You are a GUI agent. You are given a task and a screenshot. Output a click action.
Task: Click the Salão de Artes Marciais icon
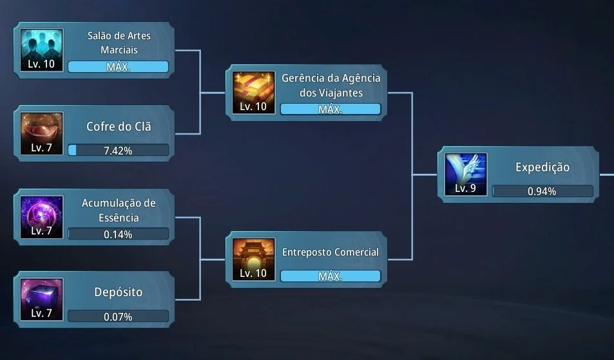pos(41,50)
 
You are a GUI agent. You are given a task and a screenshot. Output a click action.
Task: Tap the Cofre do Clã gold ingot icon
pos(41,134)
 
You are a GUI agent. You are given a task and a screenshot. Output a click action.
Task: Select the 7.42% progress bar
pos(119,150)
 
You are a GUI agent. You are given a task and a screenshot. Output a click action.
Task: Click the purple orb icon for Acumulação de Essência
pos(41,217)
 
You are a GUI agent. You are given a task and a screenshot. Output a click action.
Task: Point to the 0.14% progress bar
pos(119,234)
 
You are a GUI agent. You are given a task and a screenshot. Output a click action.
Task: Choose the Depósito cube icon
pos(41,299)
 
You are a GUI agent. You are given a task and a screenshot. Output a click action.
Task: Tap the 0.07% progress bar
pos(119,316)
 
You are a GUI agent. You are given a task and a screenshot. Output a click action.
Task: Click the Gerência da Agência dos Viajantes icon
pos(253,93)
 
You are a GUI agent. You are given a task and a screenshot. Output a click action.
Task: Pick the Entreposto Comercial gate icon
pos(253,260)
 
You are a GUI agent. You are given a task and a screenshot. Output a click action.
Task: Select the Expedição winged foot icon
pos(466,175)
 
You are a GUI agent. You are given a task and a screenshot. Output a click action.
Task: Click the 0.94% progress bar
pos(542,191)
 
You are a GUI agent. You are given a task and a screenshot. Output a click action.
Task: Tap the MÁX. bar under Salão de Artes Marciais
pos(119,66)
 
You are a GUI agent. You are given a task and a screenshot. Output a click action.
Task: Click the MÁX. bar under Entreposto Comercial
pos(331,276)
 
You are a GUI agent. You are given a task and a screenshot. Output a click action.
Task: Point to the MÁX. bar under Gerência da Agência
pos(331,109)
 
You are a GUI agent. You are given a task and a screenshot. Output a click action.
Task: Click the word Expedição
pos(542,167)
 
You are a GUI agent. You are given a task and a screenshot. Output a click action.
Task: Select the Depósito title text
pos(119,292)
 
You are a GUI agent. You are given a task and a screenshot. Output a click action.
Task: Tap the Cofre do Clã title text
pos(119,126)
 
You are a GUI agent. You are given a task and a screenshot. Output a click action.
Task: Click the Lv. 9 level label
pos(465,188)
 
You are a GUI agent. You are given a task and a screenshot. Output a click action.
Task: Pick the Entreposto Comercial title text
pos(331,252)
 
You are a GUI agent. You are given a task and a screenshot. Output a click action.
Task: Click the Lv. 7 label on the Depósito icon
pos(41,313)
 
